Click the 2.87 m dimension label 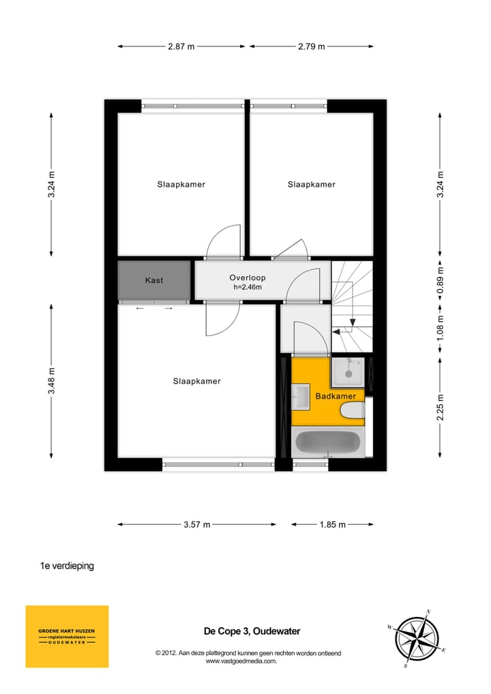click(x=181, y=46)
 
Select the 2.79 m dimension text click(x=311, y=46)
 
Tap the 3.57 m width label click(x=197, y=524)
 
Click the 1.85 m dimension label click(x=333, y=524)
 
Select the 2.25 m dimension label click(x=440, y=408)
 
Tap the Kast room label click(x=154, y=280)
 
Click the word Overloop click(x=247, y=277)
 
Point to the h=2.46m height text click(x=247, y=287)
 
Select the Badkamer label click(x=335, y=396)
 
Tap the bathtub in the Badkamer click(x=327, y=443)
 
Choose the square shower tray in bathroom click(x=348, y=372)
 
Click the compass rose click(x=417, y=638)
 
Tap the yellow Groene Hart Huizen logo click(x=67, y=636)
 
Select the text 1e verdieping click(x=67, y=566)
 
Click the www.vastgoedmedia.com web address click(x=241, y=661)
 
